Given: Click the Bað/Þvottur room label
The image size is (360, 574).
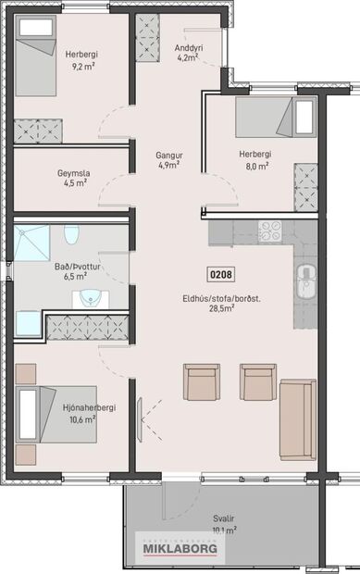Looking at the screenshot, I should pyautogui.click(x=70, y=265).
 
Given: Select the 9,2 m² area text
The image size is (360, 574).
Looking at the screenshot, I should pyautogui.click(x=81, y=66).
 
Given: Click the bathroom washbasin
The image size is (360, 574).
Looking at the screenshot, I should pyautogui.click(x=90, y=298).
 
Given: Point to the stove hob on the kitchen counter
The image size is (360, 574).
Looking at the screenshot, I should pyautogui.click(x=270, y=231).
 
